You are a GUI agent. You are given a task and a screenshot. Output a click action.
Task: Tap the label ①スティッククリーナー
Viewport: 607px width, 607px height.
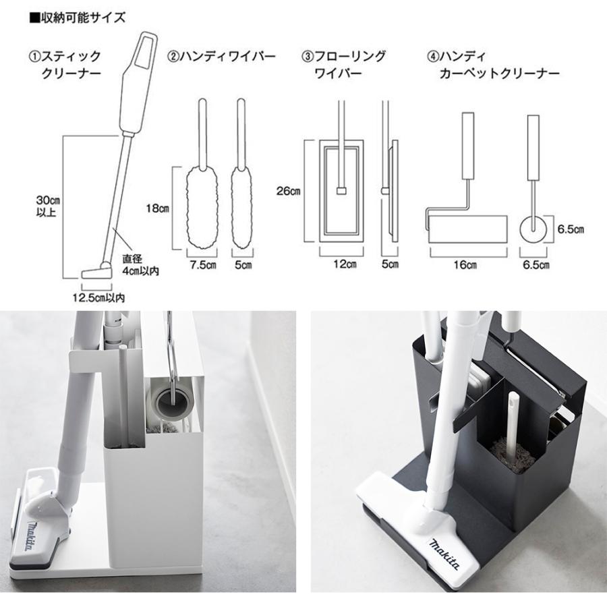(x=64, y=64)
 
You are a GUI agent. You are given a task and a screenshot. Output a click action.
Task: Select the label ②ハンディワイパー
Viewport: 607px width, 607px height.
(x=222, y=57)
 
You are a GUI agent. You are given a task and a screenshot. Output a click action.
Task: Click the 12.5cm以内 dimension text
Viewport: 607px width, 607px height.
(x=100, y=296)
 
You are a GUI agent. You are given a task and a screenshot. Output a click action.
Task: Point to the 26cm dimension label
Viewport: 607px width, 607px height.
(x=288, y=191)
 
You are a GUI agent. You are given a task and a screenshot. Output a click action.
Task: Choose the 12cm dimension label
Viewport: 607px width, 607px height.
(x=345, y=264)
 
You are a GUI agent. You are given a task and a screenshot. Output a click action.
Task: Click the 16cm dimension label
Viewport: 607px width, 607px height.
(x=467, y=264)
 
